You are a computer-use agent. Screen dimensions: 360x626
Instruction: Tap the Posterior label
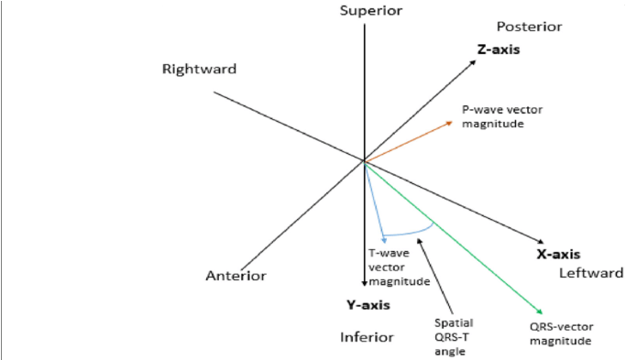529,27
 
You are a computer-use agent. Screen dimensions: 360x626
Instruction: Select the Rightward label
200,70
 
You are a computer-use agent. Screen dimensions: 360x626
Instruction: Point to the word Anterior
236,276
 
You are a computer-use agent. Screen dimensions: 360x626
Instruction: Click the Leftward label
591,273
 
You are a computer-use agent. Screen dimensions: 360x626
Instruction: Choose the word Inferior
367,337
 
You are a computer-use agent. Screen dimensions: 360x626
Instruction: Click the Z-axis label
499,49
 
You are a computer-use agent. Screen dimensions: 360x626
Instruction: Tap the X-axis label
558,255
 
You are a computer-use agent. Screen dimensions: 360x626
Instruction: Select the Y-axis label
368,305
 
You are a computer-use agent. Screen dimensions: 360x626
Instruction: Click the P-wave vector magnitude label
502,116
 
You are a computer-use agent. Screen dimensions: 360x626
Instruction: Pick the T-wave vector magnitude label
398,267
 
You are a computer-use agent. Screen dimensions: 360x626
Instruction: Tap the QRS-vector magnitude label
562,334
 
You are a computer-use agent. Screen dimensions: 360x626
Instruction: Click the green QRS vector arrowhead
541,312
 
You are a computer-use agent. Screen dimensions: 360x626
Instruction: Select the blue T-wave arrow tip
383,241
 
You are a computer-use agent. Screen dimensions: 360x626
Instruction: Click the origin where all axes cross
365,161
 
